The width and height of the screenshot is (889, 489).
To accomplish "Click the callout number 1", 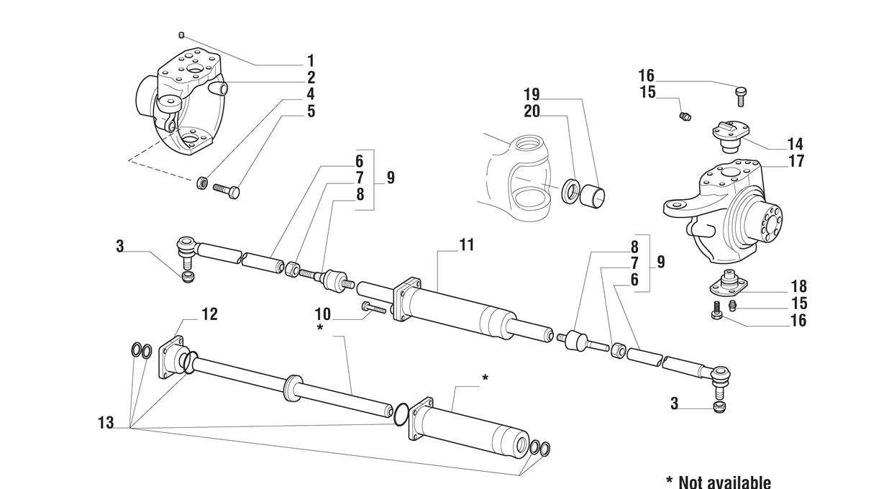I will click(311, 61).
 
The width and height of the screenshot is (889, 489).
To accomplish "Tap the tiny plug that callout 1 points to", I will click(182, 35).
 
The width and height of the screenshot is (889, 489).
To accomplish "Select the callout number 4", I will click(311, 94).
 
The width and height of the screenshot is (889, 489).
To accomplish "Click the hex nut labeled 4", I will click(203, 183).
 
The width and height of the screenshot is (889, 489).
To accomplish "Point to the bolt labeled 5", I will click(227, 191).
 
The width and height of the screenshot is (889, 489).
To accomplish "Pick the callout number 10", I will click(322, 314).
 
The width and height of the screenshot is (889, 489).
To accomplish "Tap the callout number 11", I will click(467, 245).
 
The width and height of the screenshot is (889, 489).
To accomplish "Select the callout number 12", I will click(209, 314).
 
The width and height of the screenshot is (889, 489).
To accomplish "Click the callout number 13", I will click(106, 424).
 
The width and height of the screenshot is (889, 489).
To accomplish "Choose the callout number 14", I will click(795, 144).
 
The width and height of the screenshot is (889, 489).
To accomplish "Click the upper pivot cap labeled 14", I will click(731, 133).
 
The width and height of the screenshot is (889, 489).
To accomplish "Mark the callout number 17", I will click(795, 162).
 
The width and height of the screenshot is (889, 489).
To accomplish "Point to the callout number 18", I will click(798, 287).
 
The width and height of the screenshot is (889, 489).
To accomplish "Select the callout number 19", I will click(531, 94).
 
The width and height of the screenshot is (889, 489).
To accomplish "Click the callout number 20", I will click(532, 111).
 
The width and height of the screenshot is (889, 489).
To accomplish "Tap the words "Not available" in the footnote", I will click(724, 482).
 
